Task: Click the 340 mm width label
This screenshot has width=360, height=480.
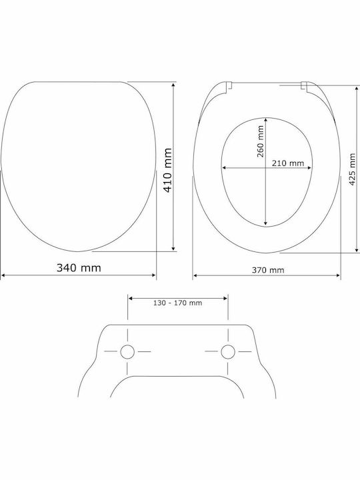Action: [x=79, y=268]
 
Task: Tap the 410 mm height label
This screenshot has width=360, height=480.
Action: [x=168, y=170]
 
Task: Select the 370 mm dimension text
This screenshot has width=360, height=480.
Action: [x=268, y=270]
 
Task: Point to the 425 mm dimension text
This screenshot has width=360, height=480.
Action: [x=353, y=169]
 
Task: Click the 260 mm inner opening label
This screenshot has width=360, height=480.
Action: [x=260, y=141]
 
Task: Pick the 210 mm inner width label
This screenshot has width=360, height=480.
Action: [x=288, y=163]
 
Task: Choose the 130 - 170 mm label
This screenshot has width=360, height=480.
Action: [x=177, y=303]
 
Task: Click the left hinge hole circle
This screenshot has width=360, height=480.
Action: [x=127, y=351]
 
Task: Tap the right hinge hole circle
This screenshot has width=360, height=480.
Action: [x=228, y=351]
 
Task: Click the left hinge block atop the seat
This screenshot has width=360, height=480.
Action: [x=229, y=85]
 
